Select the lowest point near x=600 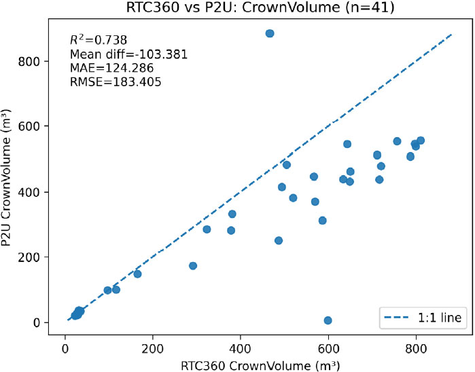[x=328, y=320]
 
